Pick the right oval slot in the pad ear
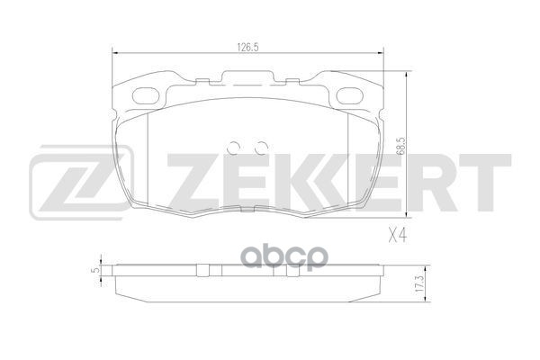350,94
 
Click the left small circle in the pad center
236,148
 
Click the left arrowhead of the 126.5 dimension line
114,56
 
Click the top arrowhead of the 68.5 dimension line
407,74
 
